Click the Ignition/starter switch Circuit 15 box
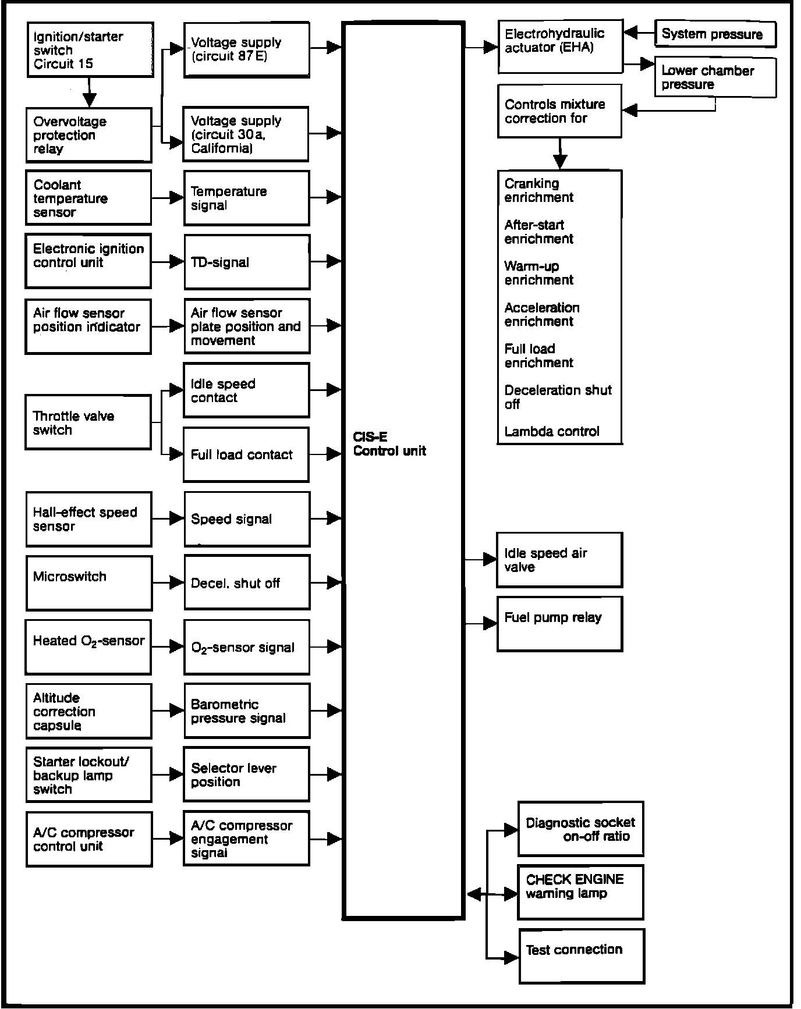pos(90,49)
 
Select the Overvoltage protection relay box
pos(88,135)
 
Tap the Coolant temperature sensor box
pos(88,198)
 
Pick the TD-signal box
pos(247,262)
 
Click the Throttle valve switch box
pos(88,422)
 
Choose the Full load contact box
pos(246,454)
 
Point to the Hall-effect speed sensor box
pos(88,519)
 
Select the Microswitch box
pos(88,583)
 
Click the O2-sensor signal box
pos(247,647)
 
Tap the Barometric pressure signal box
pos(247,711)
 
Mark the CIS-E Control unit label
pos(389,444)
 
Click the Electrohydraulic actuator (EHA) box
pos(560,47)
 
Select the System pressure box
pos(715,34)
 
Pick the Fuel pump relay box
pos(559,624)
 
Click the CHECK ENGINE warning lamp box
pos(580,892)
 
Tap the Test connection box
pos(582,956)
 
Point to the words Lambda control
pos(551,432)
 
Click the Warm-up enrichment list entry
pos(538,273)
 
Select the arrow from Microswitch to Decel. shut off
pos(168,582)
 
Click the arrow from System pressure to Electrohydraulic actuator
pos(639,33)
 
